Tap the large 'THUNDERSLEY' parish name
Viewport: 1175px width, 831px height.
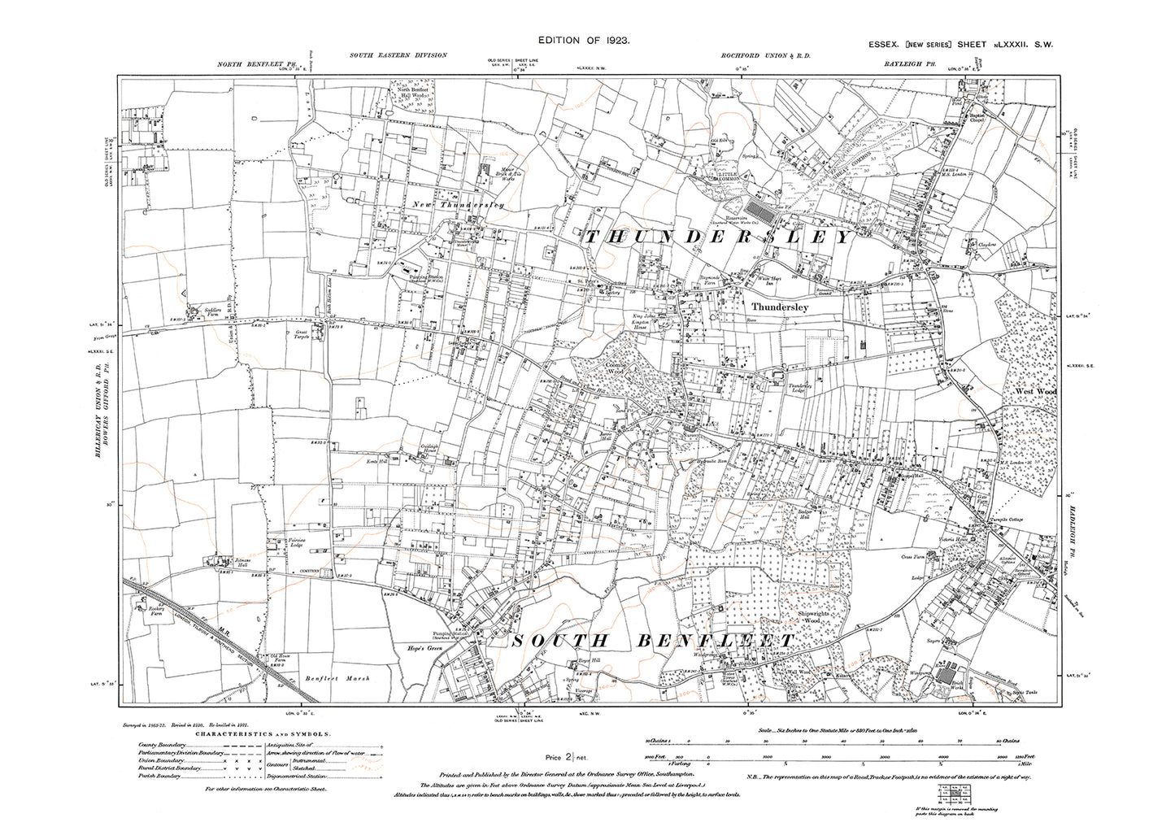pos(716,237)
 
